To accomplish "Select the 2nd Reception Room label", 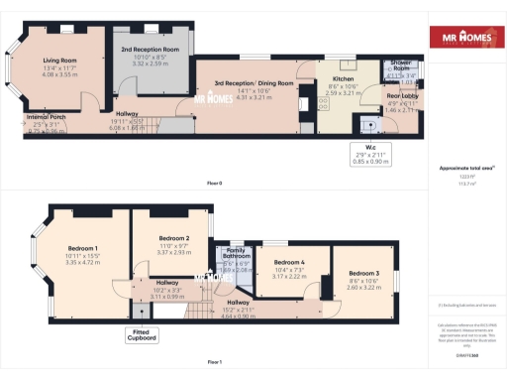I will coord(150,48).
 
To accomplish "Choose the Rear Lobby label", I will coord(402,93).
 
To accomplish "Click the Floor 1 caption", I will coord(214,362).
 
